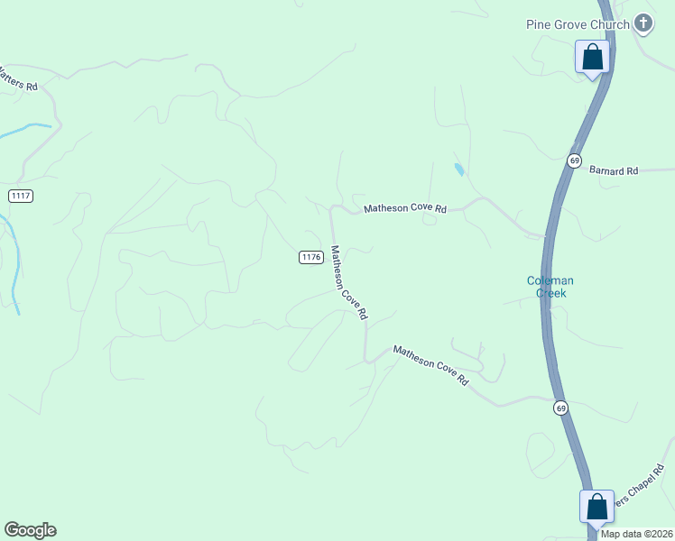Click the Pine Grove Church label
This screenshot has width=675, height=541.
(x=577, y=24)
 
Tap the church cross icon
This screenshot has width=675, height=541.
(x=643, y=23)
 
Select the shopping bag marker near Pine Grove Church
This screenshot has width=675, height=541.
(x=593, y=58)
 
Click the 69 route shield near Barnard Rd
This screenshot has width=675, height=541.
(x=574, y=160)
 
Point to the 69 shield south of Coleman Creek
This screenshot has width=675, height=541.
(x=561, y=408)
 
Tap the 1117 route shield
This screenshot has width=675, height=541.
(x=21, y=196)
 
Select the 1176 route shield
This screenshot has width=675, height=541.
(x=310, y=257)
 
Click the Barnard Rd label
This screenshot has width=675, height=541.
(x=614, y=170)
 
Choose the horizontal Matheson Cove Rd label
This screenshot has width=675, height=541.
(x=405, y=209)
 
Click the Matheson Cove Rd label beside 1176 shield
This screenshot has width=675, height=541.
(x=348, y=283)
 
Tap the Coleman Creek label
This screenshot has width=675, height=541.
(x=550, y=287)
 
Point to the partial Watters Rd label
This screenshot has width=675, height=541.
(x=18, y=79)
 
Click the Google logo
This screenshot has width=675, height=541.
(x=30, y=530)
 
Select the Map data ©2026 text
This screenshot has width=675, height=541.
(x=636, y=534)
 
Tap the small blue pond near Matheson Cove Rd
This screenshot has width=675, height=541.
(x=459, y=169)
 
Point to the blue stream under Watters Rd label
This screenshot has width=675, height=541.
(x=23, y=132)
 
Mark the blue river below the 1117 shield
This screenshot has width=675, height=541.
(x=14, y=261)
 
